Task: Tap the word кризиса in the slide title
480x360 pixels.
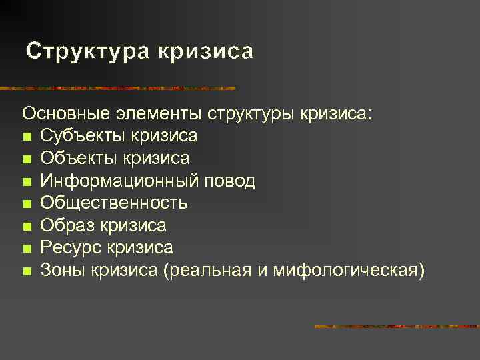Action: [x=205, y=52]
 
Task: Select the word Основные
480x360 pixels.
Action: [x=64, y=113]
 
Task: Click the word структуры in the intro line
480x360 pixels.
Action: [x=251, y=113]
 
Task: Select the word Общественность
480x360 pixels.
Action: [x=113, y=203]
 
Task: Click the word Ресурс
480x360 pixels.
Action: [x=69, y=248]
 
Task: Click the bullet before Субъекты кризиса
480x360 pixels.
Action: [x=26, y=137]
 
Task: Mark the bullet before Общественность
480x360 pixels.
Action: [x=26, y=204]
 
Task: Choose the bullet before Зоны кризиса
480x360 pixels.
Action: [x=26, y=271]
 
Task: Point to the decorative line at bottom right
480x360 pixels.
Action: [x=396, y=327]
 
